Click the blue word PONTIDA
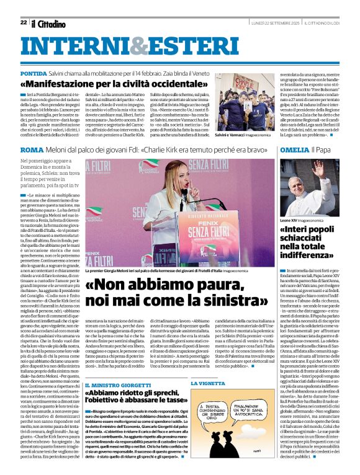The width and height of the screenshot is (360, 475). tap(37, 73)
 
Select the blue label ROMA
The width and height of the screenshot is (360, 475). tap(32, 150)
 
